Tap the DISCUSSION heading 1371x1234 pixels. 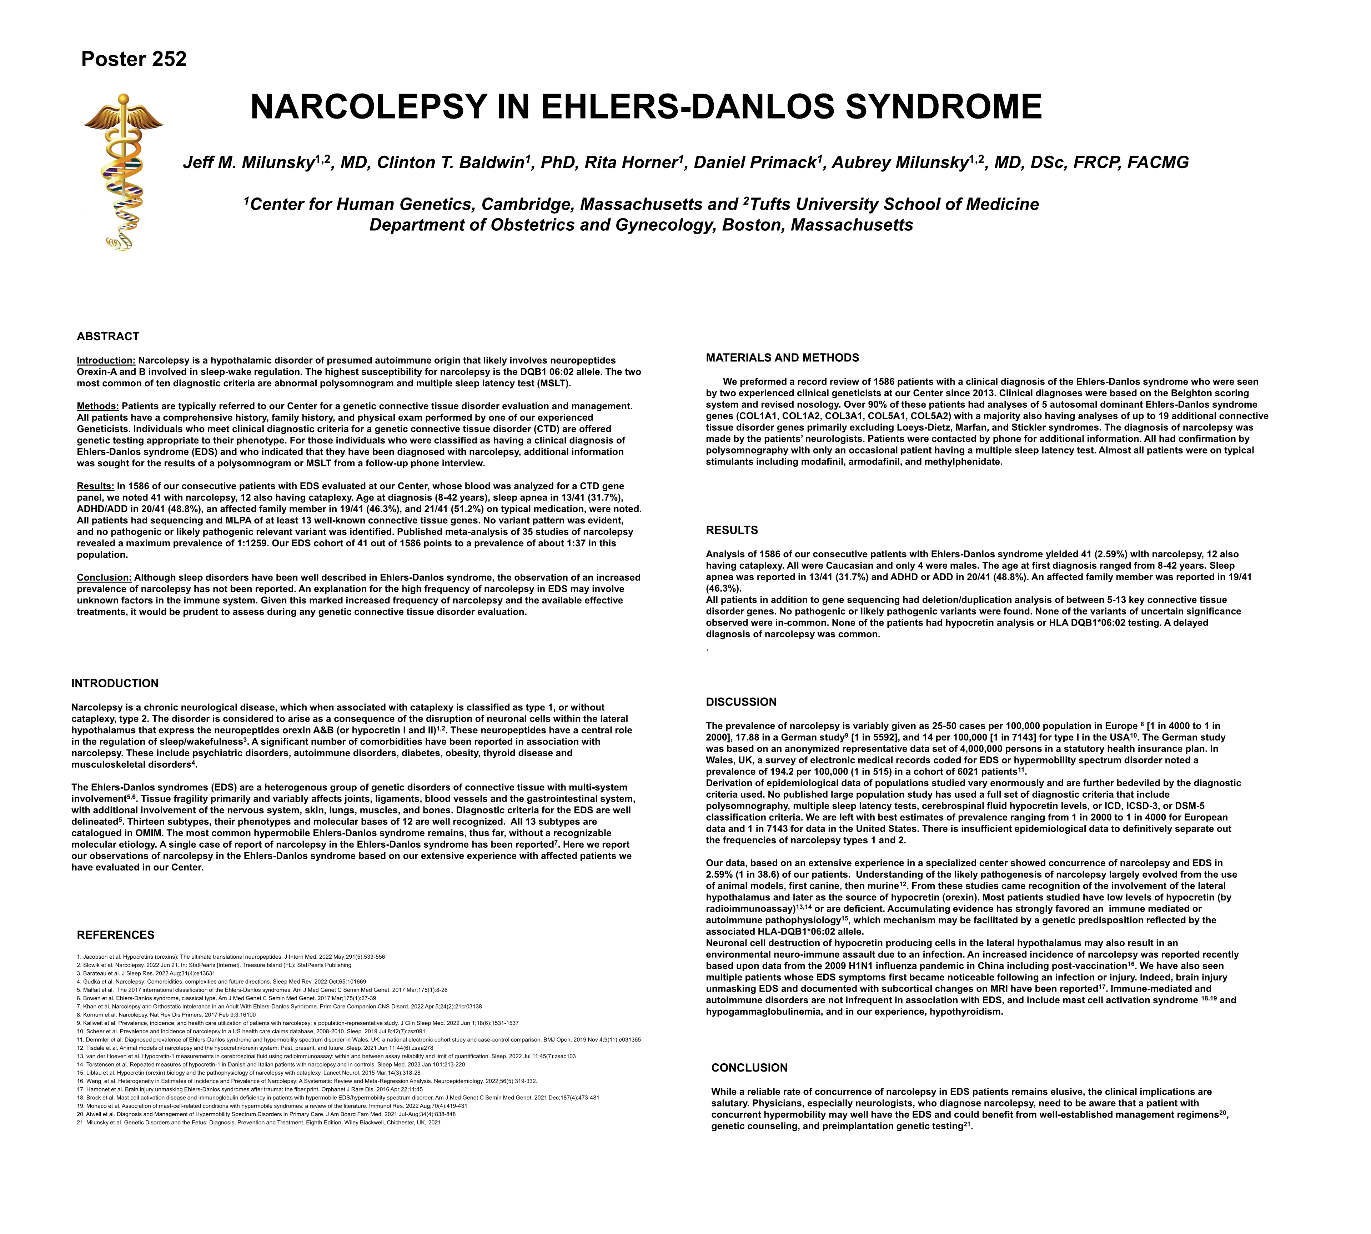(x=741, y=702)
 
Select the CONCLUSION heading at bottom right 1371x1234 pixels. (x=749, y=1068)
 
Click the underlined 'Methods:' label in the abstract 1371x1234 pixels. (x=97, y=406)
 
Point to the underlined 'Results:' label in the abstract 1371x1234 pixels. (x=96, y=486)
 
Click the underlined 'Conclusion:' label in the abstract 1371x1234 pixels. (x=104, y=578)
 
